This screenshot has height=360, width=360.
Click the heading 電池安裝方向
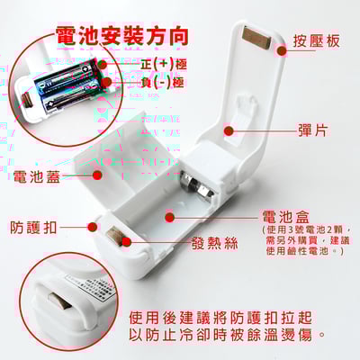[122, 36]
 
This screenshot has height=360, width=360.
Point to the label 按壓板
[315, 41]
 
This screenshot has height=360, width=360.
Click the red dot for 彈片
[229, 130]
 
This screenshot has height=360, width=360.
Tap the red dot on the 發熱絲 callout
[126, 241]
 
